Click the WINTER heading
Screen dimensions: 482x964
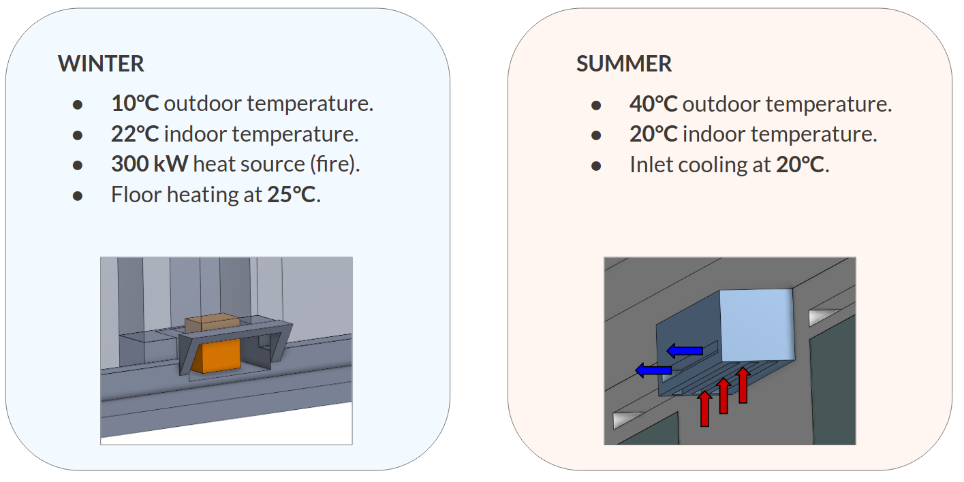pos(101,64)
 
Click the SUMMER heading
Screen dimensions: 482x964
pos(624,64)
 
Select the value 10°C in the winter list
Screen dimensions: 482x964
pos(135,104)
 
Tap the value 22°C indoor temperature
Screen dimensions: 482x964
pos(135,134)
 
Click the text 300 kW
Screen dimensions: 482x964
pos(151,164)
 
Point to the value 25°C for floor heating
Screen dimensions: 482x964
pos(291,195)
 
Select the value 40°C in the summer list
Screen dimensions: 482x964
pos(653,104)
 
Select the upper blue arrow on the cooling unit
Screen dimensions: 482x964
pos(685,351)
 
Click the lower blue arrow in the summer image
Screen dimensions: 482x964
pos(653,370)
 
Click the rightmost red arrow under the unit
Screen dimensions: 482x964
pos(743,385)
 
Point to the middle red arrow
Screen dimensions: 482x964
pos(724,397)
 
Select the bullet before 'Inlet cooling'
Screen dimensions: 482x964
pos(596,165)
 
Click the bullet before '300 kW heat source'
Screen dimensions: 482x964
pos(78,165)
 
